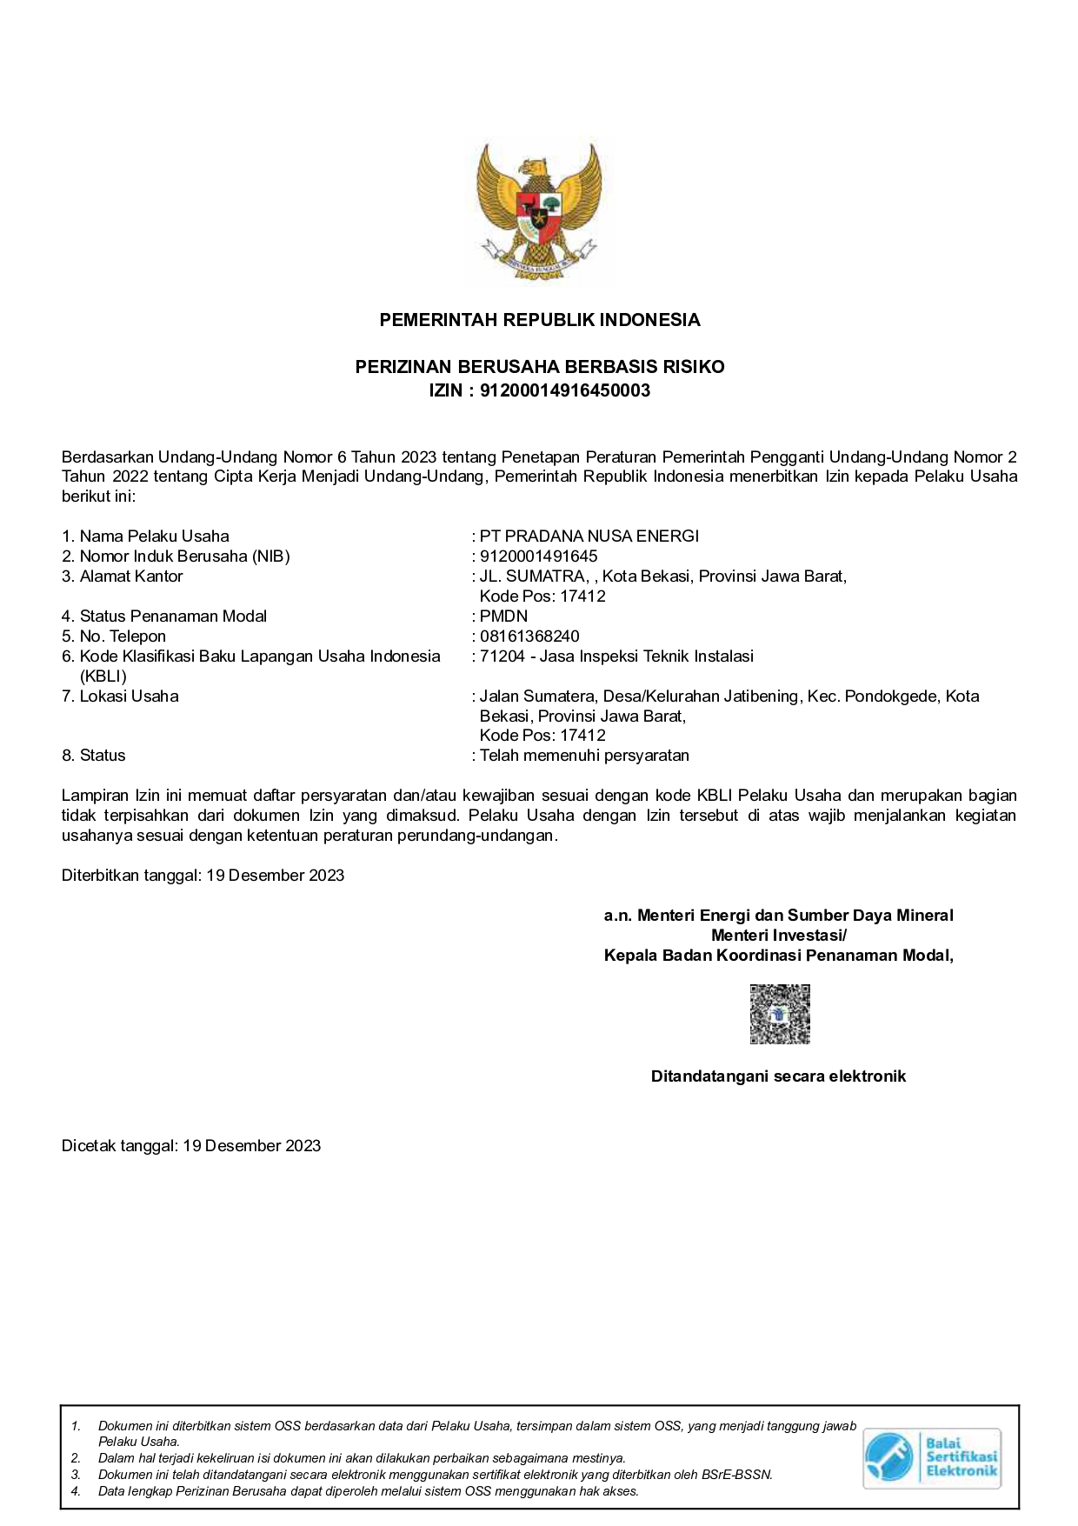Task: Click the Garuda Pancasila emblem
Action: click(x=538, y=210)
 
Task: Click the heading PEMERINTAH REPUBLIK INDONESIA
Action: click(x=539, y=320)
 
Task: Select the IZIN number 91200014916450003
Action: click(x=565, y=390)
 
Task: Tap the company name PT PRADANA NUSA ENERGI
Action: click(x=589, y=536)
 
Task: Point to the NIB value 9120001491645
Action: click(x=538, y=556)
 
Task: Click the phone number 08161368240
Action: click(x=529, y=636)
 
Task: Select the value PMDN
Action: click(x=503, y=616)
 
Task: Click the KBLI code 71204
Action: click(x=502, y=656)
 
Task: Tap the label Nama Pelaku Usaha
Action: click(x=154, y=536)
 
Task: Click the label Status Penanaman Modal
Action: click(x=173, y=616)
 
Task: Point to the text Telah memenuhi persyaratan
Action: click(x=584, y=756)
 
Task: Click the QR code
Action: click(x=780, y=1014)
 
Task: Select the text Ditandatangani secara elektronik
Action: click(x=778, y=1076)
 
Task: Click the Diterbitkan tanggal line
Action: click(x=203, y=876)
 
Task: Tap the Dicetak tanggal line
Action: click(x=191, y=1146)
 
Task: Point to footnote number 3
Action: click(x=77, y=1475)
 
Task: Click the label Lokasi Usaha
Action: click(x=129, y=696)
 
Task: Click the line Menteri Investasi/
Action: click(x=778, y=936)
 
